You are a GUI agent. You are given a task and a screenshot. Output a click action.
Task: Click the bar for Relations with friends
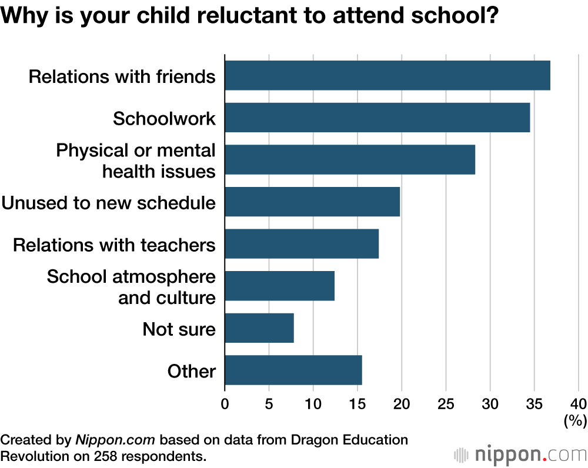coord(387,75)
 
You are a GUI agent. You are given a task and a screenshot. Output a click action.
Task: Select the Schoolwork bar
coord(377,118)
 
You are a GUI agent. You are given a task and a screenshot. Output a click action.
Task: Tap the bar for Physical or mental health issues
coord(350,160)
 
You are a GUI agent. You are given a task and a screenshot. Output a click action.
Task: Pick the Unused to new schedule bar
coord(312,202)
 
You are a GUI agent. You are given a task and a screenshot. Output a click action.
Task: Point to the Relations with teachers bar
coord(302,243)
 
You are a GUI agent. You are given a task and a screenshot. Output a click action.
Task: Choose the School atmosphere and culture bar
coord(279,286)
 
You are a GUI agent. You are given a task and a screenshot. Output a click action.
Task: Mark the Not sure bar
coord(259,328)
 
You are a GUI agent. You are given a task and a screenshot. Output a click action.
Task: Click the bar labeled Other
coord(293,370)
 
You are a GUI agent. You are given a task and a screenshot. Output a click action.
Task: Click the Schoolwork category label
coord(164,118)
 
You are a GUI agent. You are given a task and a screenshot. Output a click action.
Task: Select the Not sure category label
coord(179,329)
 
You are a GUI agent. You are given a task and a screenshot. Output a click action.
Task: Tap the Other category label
coord(191,371)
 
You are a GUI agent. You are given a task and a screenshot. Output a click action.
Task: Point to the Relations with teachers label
coord(114,245)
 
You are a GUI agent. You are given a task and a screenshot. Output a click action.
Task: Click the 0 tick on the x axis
coord(225,404)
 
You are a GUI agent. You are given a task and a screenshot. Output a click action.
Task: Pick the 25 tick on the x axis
coord(446,404)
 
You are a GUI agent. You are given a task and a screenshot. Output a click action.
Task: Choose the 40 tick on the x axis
coord(578,404)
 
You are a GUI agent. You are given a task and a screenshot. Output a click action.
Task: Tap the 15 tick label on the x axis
coord(357,404)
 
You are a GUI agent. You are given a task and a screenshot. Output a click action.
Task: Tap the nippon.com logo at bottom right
coord(520,454)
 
